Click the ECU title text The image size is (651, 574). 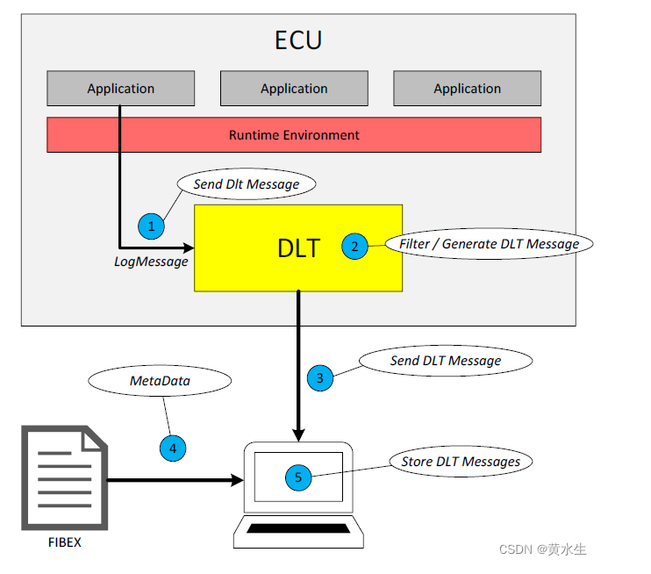[x=298, y=41]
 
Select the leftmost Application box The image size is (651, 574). [x=121, y=89]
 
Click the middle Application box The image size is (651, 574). [x=294, y=89]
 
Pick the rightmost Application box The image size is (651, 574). [x=467, y=89]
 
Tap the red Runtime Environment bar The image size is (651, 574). [x=294, y=135]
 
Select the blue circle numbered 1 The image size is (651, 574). [x=152, y=226]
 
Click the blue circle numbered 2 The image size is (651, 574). [x=354, y=247]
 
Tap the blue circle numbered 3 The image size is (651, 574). [x=320, y=378]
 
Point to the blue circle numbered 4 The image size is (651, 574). [x=173, y=448]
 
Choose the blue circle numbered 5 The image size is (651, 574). [x=298, y=477]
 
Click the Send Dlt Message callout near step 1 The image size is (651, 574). [x=247, y=184]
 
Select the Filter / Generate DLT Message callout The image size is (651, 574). [x=489, y=244]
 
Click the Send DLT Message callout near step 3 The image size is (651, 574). [x=446, y=361]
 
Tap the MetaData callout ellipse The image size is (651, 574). [x=160, y=382]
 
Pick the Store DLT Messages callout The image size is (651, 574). [x=461, y=462]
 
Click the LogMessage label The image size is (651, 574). [x=152, y=262]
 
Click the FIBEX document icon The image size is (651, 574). [x=64, y=477]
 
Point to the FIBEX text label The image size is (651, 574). [x=64, y=542]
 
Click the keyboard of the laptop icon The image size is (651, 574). [x=298, y=528]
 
